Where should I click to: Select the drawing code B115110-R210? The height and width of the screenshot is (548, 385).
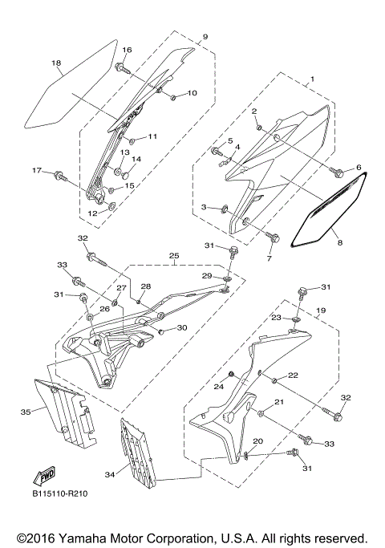(x=60, y=493)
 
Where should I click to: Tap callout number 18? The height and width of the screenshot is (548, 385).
(x=55, y=63)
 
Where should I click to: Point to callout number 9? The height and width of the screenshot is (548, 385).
(x=205, y=37)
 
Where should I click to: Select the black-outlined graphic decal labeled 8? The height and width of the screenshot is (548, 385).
(x=326, y=213)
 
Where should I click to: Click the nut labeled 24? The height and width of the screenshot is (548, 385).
(x=233, y=375)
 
